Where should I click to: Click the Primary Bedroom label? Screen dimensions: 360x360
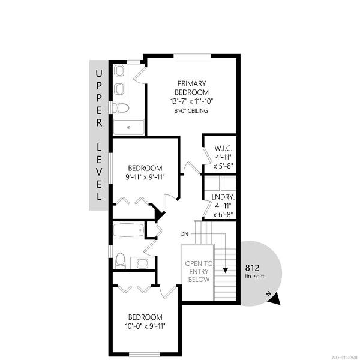click(192, 88)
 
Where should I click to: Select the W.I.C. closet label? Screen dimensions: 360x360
click(223, 148)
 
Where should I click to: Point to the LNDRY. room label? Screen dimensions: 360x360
click(223, 197)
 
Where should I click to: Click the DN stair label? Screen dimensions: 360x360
click(184, 234)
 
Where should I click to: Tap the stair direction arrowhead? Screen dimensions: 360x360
click(225, 270)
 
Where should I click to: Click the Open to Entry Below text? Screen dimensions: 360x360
click(199, 272)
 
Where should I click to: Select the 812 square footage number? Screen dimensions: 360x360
click(252, 268)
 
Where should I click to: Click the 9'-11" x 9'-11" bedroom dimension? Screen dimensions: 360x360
click(145, 177)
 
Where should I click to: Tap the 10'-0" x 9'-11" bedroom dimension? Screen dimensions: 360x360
click(145, 326)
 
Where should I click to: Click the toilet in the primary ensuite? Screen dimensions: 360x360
click(121, 107)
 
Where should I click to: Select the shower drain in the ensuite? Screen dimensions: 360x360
click(129, 127)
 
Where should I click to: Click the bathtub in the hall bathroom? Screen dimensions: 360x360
click(128, 230)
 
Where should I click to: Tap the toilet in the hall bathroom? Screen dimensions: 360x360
click(120, 261)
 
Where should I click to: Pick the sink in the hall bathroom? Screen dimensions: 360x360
click(142, 263)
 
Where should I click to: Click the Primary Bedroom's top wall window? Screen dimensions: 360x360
click(192, 56)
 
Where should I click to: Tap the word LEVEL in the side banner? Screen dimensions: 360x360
click(99, 172)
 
